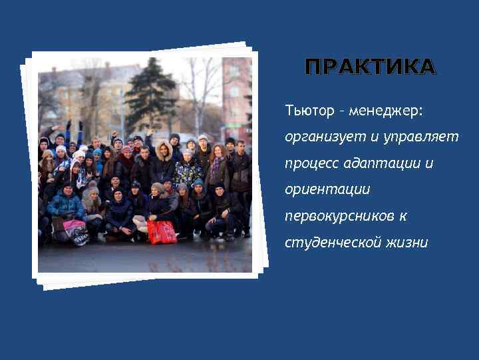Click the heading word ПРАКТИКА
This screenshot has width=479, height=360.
pyautogui.click(x=370, y=67)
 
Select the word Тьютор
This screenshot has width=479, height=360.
pyautogui.click(x=309, y=109)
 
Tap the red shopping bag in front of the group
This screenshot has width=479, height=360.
pyautogui.click(x=162, y=231)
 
